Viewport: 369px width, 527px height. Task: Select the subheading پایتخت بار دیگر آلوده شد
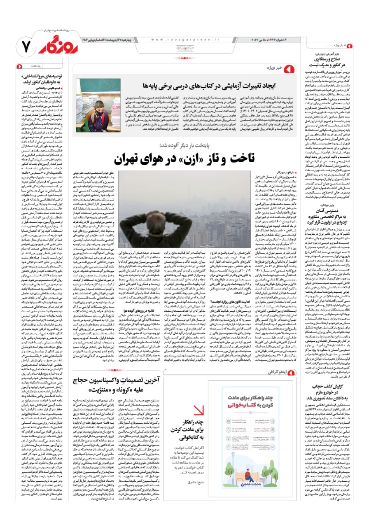tap(182, 145)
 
